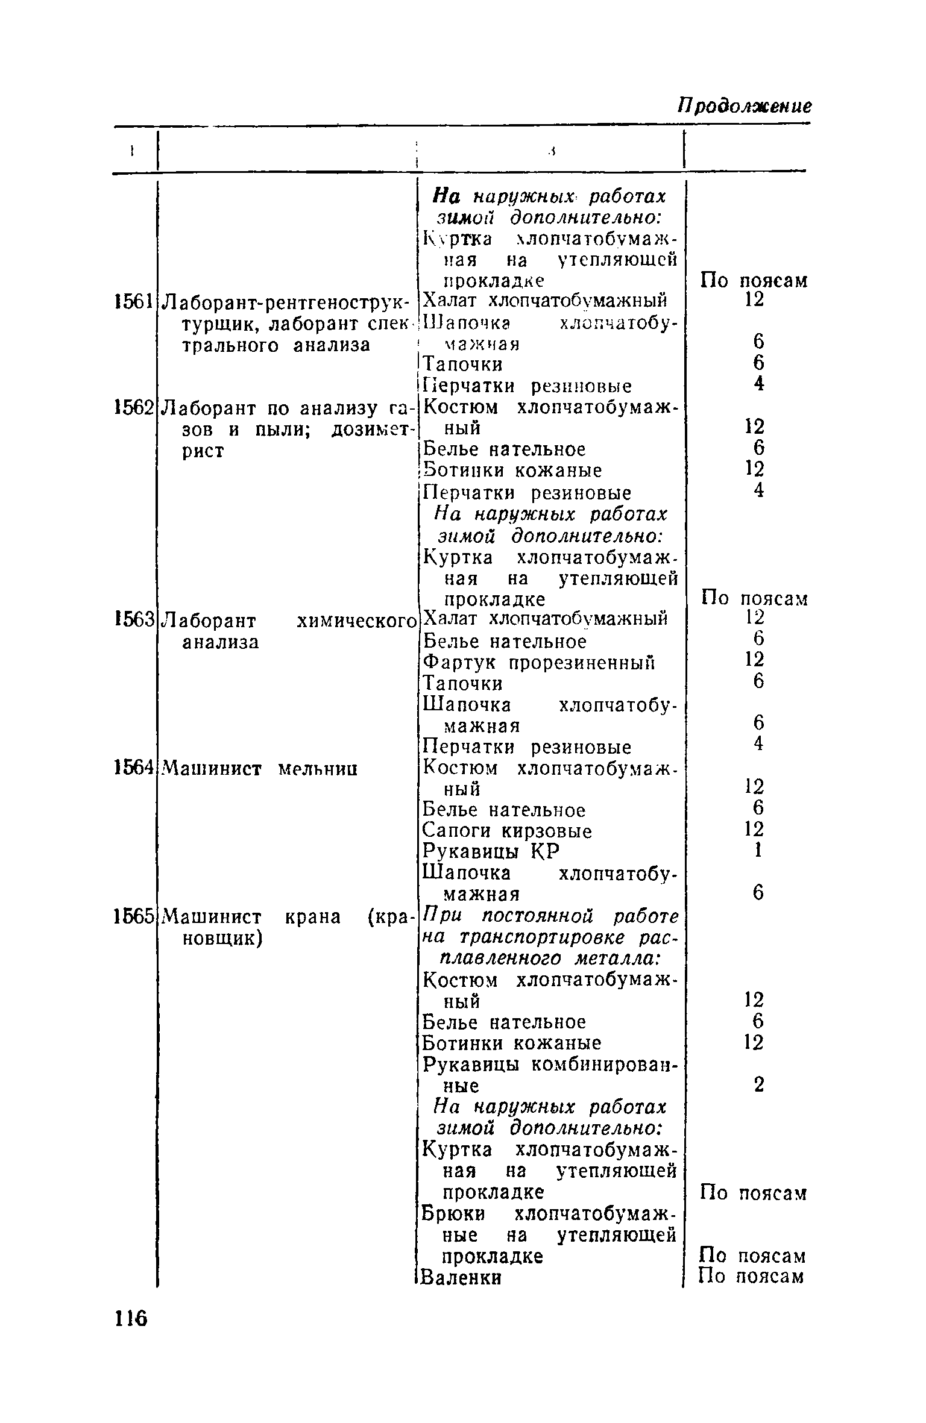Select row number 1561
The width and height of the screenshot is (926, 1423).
pyautogui.click(x=134, y=300)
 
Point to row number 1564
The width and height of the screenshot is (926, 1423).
pyautogui.click(x=134, y=768)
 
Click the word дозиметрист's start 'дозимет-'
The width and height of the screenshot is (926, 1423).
pyautogui.click(x=371, y=430)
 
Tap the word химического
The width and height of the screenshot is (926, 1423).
pyautogui.click(x=357, y=620)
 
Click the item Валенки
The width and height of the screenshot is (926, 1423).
pyautogui.click(x=462, y=1277)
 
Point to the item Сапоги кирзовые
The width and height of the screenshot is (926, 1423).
pyautogui.click(x=506, y=831)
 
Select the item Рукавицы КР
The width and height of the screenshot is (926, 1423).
pyautogui.click(x=491, y=852)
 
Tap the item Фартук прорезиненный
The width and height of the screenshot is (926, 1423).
pyautogui.click(x=538, y=663)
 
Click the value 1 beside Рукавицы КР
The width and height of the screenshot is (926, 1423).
pyautogui.click(x=758, y=851)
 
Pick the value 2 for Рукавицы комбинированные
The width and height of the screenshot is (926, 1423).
pyautogui.click(x=758, y=1084)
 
